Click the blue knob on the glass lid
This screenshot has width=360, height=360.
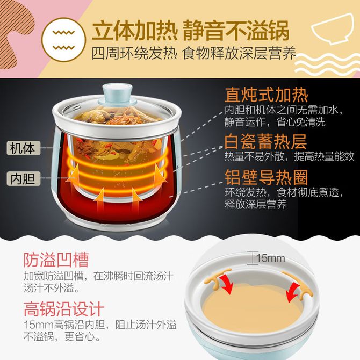[x=117, y=94]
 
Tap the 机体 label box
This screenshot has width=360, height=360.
[x=24, y=148]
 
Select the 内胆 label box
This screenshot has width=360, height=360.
[x=24, y=178]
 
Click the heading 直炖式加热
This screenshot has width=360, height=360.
[x=267, y=95]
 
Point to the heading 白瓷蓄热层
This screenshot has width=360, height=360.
[x=266, y=141]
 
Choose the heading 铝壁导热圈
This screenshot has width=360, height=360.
[x=267, y=177]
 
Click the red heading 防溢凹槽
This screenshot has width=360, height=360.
[x=56, y=260]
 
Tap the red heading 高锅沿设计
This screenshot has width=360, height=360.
[x=64, y=309]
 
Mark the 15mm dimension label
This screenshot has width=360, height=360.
[x=270, y=258]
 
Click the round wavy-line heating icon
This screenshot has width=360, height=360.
[x=63, y=40]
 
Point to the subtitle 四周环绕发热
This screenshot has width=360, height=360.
[x=134, y=54]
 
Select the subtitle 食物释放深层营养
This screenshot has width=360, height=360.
[x=240, y=54]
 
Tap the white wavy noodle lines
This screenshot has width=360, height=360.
[x=327, y=65]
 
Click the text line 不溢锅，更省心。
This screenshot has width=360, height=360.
[x=62, y=337]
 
